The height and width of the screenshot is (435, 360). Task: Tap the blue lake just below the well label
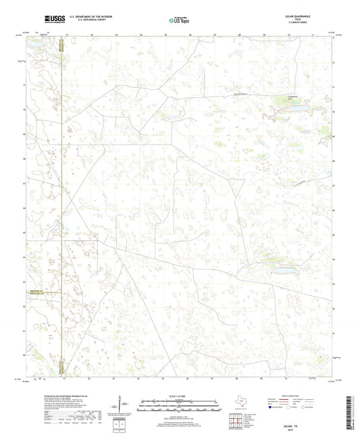point(298,106)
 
